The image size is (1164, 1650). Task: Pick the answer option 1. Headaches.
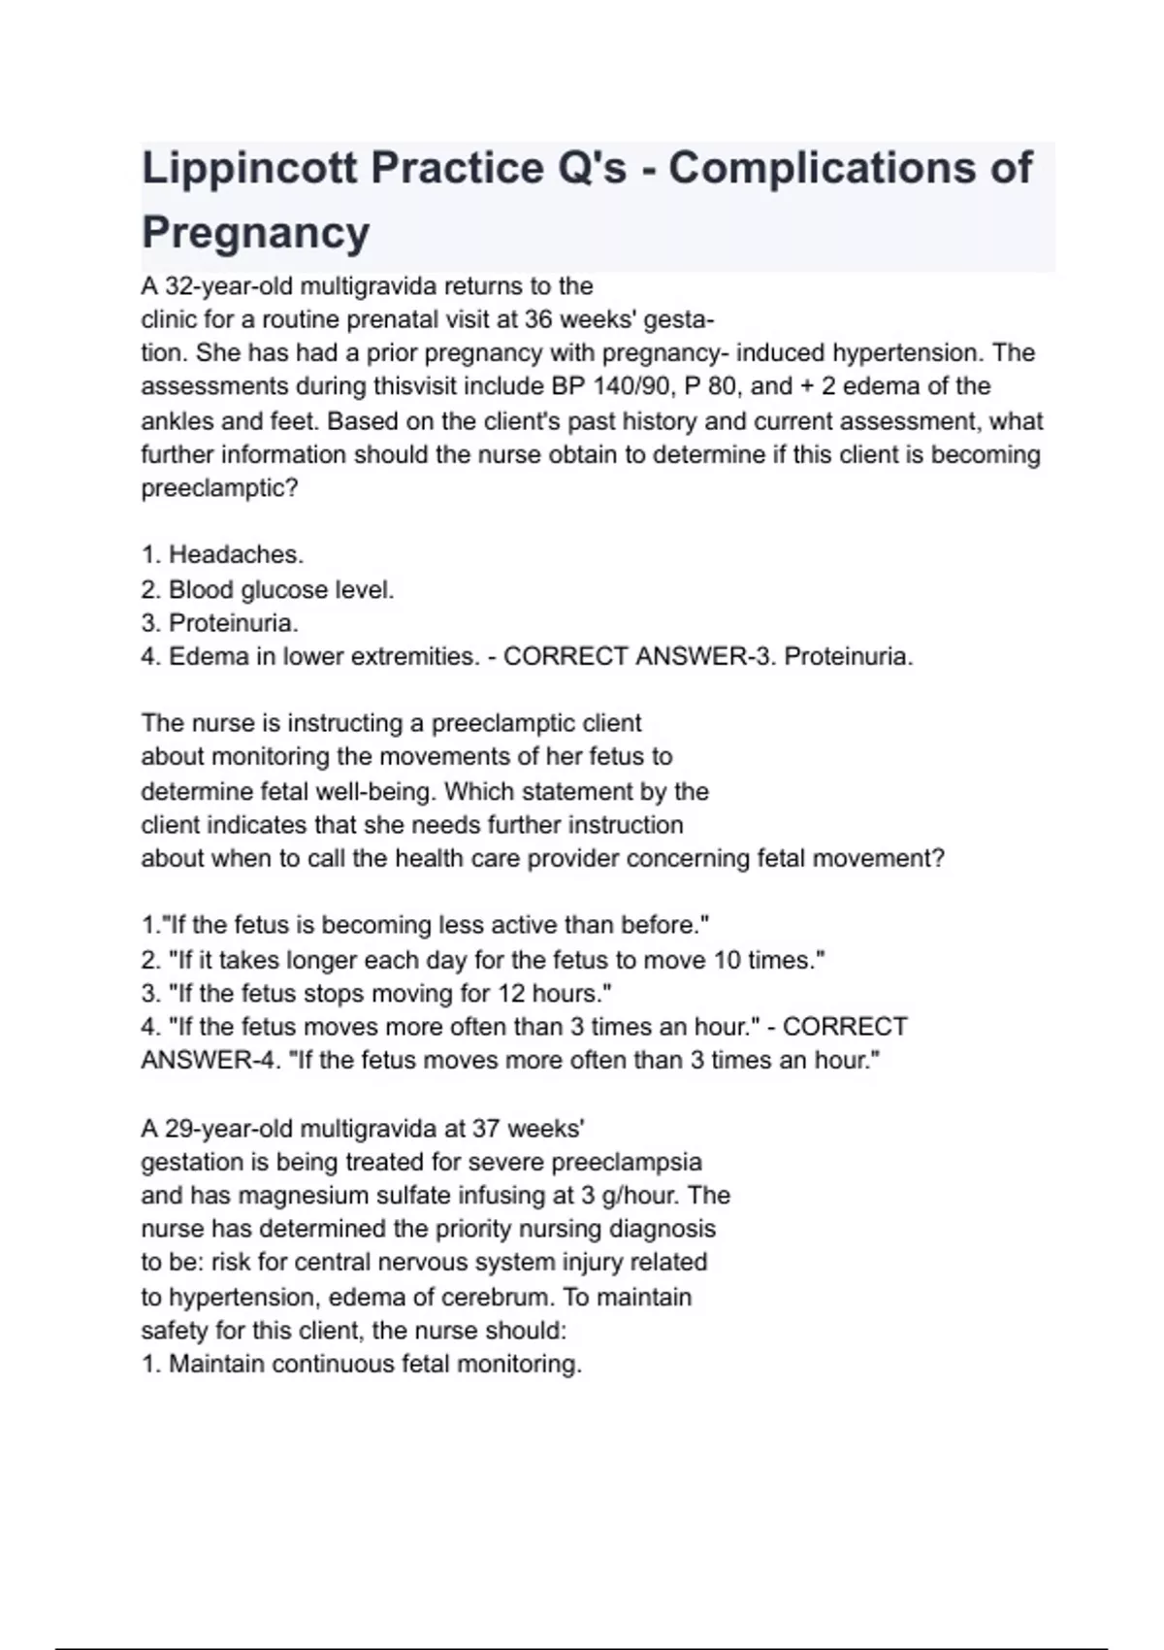(222, 554)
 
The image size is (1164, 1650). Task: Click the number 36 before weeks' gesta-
(538, 319)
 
